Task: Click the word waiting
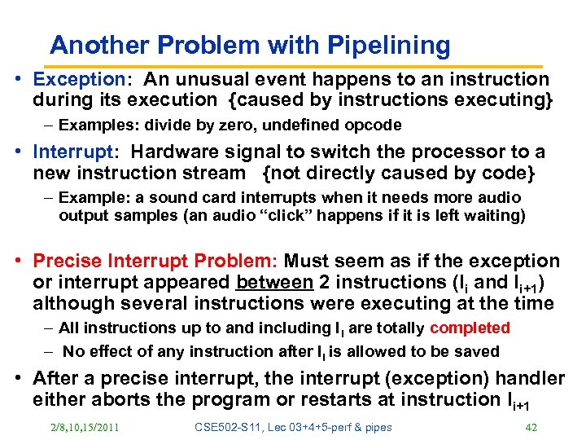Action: (x=495, y=216)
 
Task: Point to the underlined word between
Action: (x=273, y=283)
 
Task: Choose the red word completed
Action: (x=470, y=328)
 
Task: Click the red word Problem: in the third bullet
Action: (x=238, y=262)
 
